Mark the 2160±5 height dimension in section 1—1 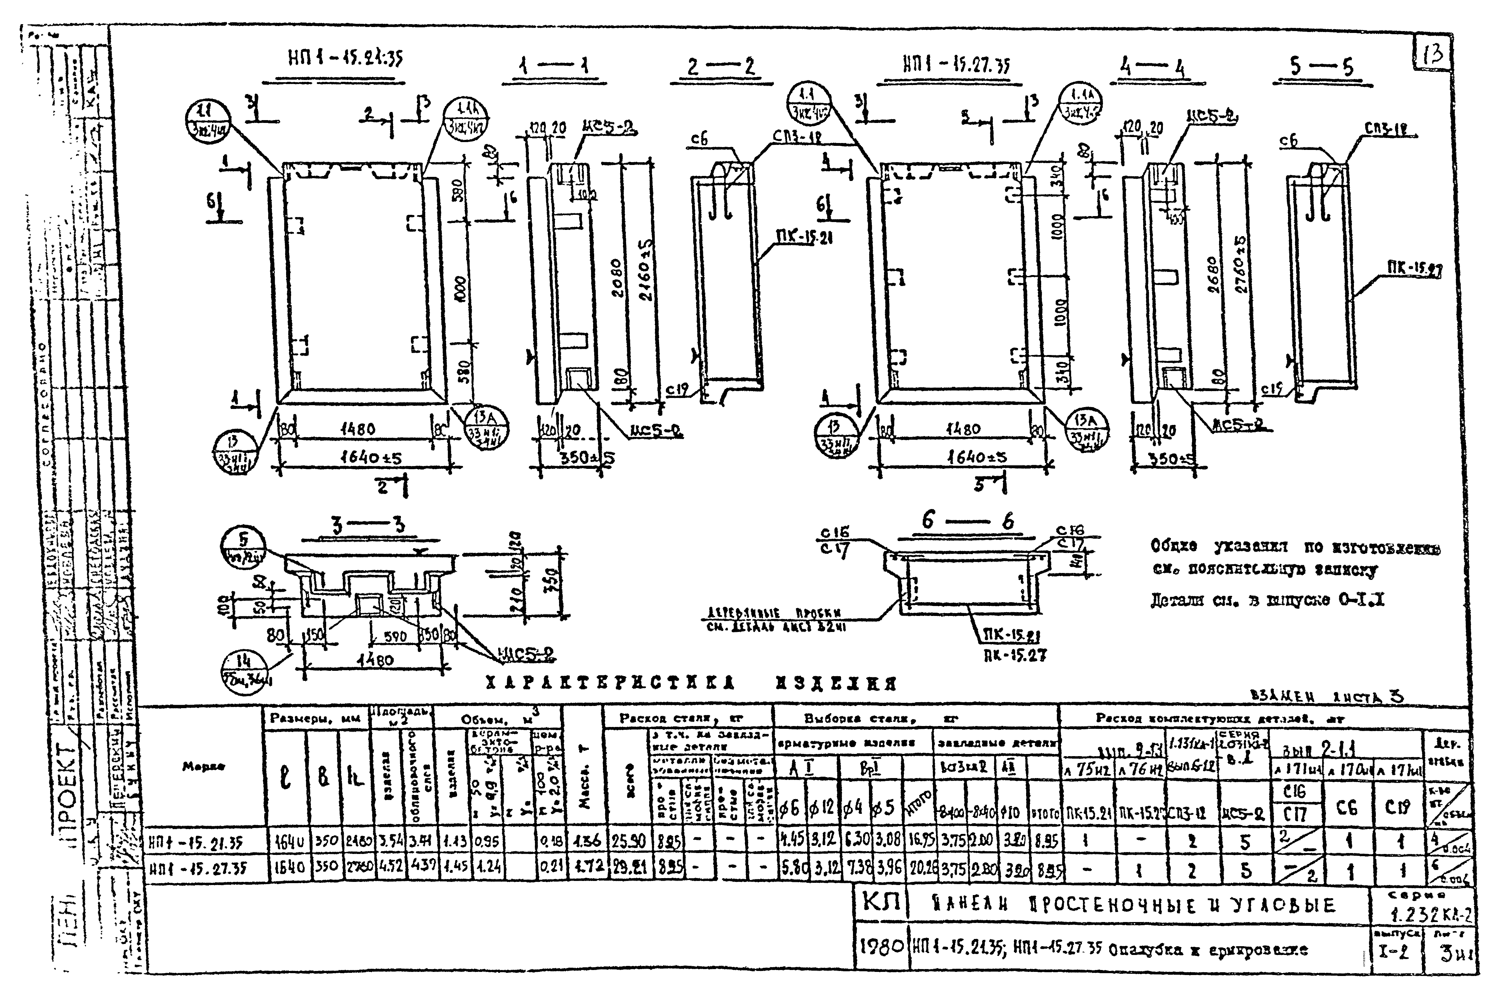pos(646,279)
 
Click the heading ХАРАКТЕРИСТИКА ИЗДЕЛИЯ pos(690,684)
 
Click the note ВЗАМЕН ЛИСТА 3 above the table pos(1326,697)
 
